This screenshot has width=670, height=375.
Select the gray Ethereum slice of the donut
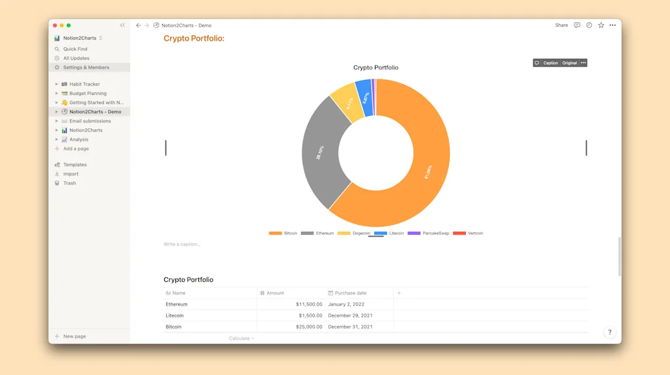pyautogui.click(x=320, y=154)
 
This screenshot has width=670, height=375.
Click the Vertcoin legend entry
pyautogui.click(x=468, y=234)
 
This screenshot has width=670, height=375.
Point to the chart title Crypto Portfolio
pyautogui.click(x=376, y=67)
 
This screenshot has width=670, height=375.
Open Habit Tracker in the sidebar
pyautogui.click(x=84, y=84)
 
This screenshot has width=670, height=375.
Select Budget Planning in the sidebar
pyautogui.click(x=88, y=94)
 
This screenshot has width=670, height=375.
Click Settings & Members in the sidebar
pyautogui.click(x=86, y=67)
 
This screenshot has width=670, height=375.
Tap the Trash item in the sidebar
pyautogui.click(x=69, y=183)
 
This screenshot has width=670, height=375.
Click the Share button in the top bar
pyautogui.click(x=561, y=26)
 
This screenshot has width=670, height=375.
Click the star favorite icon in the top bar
pyautogui.click(x=601, y=26)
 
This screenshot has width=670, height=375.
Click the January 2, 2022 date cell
pyautogui.click(x=346, y=304)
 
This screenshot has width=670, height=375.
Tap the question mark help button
pyautogui.click(x=610, y=332)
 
